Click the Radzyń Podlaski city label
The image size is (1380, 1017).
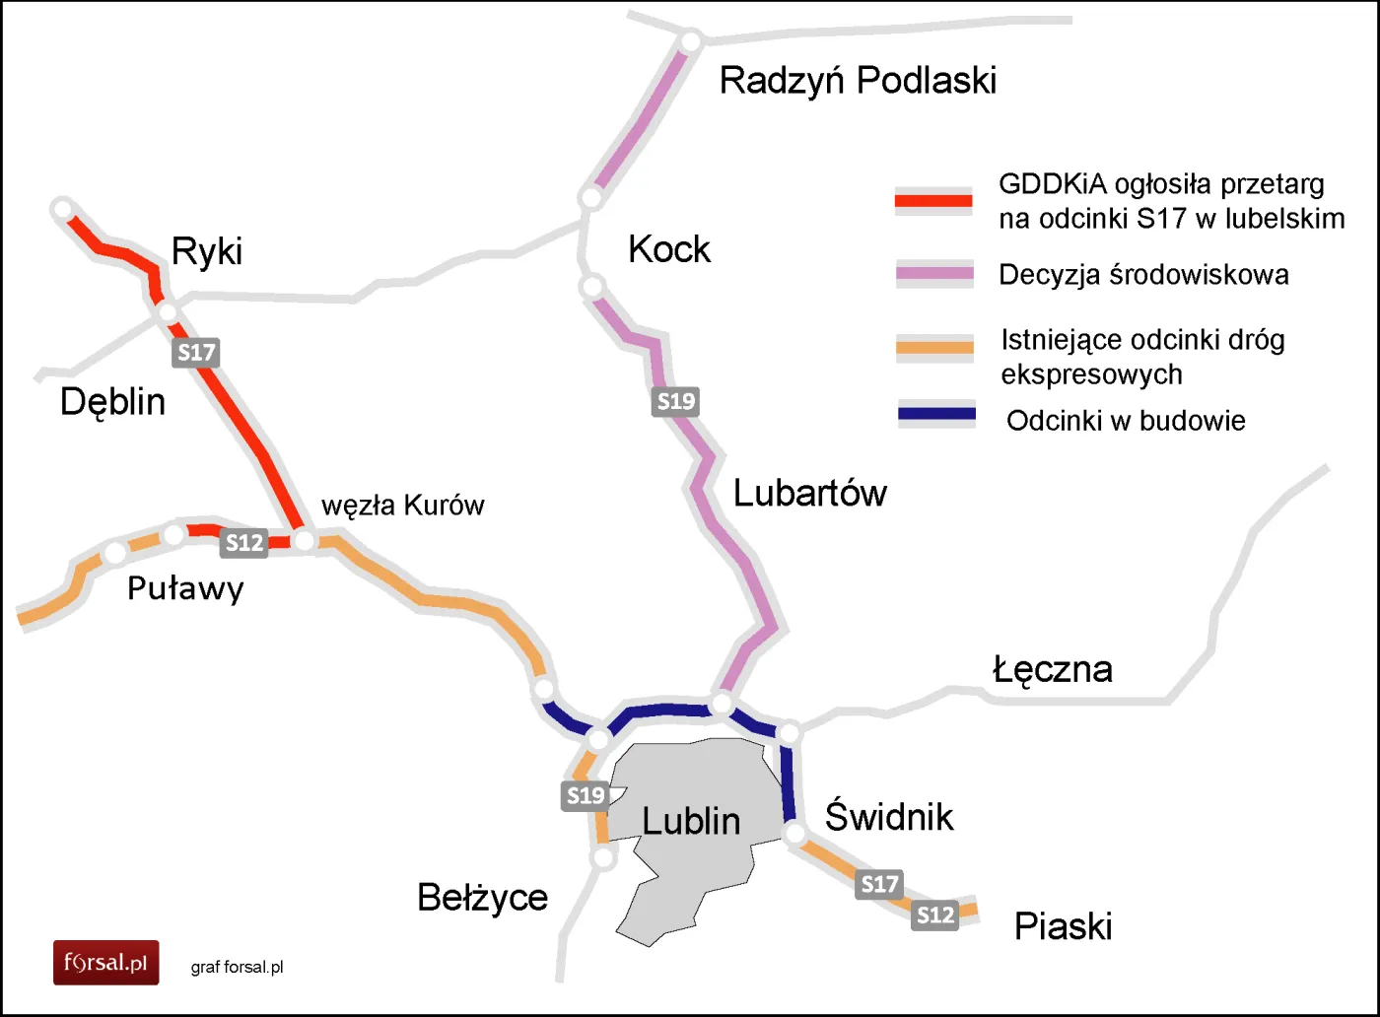858,81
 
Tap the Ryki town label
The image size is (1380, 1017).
206,251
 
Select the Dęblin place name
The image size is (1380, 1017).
112,402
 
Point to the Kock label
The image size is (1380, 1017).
668,249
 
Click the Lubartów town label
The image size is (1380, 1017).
809,493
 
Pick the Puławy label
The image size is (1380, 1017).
185,589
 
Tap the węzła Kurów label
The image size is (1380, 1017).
402,506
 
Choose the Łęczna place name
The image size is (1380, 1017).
1052,669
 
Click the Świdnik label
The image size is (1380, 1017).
888,817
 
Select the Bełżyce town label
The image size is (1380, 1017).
482,898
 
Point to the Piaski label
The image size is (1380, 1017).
1063,926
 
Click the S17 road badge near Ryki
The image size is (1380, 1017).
195,353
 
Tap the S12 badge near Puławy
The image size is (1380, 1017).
244,543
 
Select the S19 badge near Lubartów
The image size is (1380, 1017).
676,401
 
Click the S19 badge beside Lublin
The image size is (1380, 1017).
586,795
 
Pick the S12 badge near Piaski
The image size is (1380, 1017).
934,915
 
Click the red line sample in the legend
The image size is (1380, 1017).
933,201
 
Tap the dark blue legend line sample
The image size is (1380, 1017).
936,415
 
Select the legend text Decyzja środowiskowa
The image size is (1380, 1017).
1143,275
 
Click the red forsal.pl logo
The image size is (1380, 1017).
105,962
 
